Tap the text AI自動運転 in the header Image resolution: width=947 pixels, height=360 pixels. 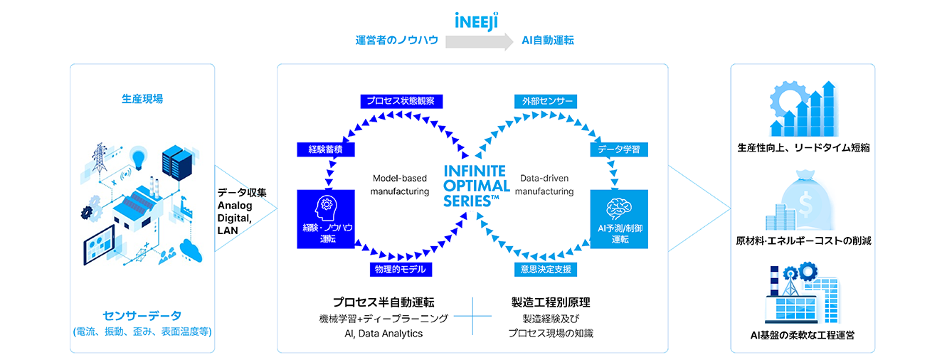[548, 41]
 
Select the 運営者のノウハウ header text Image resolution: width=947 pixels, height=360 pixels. [397, 41]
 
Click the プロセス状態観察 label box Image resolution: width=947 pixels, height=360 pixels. [401, 101]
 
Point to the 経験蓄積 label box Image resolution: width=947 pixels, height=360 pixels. [316, 149]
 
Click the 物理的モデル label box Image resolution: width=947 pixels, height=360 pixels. [401, 269]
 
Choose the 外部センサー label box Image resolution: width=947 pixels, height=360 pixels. [546, 101]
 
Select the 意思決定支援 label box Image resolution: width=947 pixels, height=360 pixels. [546, 269]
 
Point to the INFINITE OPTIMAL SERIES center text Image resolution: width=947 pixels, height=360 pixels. [475, 186]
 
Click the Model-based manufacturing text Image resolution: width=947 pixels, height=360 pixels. [401, 185]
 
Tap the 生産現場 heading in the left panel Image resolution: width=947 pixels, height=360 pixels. [142, 99]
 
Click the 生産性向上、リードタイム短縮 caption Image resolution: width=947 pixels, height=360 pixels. [803, 149]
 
